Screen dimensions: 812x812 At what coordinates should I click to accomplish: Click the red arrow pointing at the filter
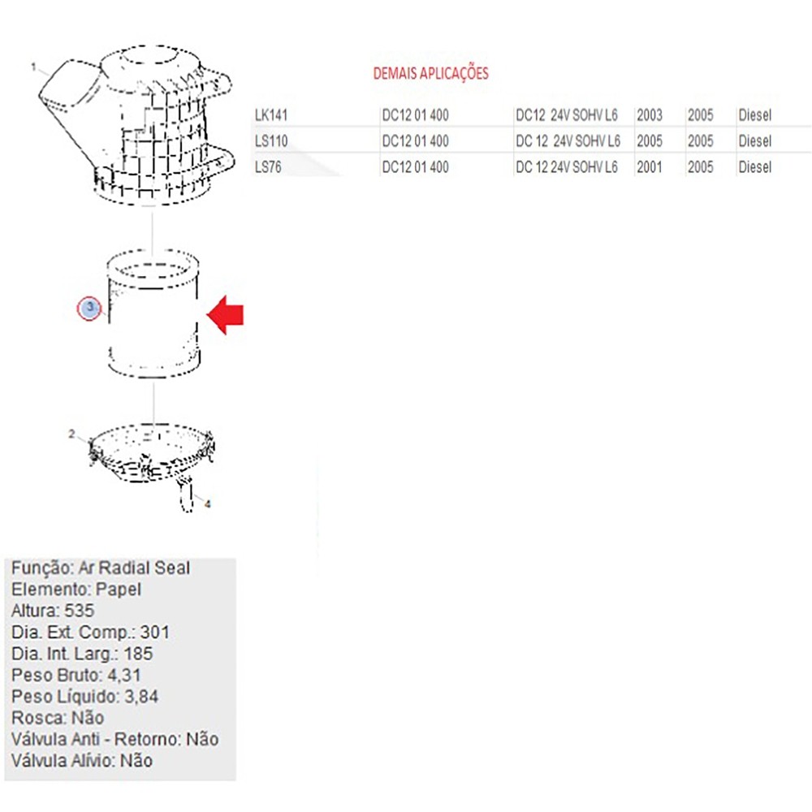click(225, 315)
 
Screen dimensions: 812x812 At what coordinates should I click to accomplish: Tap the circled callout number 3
click(89, 309)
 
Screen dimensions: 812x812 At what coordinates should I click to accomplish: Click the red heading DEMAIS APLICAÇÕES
click(431, 74)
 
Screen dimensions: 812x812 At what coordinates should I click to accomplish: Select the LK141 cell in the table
click(271, 115)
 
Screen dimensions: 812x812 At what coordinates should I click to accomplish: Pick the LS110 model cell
click(271, 140)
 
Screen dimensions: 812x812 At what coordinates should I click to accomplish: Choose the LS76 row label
click(268, 166)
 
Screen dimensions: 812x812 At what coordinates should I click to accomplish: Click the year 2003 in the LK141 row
click(650, 115)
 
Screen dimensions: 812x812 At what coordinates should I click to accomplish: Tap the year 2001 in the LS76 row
click(650, 166)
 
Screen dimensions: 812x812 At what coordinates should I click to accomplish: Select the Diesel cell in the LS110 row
click(755, 140)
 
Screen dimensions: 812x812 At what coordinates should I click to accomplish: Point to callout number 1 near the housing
click(33, 67)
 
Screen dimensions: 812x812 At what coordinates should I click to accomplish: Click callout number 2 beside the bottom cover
click(71, 434)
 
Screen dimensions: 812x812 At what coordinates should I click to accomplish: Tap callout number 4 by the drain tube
click(208, 504)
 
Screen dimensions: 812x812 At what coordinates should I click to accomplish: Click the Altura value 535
click(79, 611)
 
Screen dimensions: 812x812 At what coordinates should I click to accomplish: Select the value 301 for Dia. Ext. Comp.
click(154, 633)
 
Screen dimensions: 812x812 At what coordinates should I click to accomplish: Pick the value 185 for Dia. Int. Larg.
click(138, 654)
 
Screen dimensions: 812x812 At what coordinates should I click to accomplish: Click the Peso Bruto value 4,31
click(123, 676)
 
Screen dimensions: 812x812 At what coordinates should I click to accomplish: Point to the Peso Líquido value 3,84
click(140, 697)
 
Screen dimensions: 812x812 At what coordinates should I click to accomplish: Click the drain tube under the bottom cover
click(185, 494)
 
